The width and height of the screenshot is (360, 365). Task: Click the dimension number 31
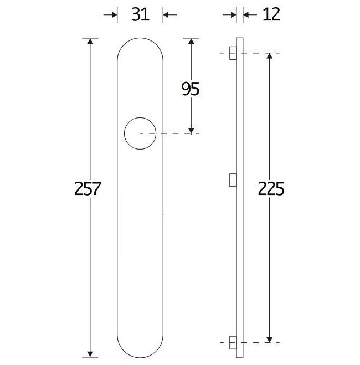(x=140, y=15)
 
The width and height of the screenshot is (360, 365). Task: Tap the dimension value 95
(x=190, y=89)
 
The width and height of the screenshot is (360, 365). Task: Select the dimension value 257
(x=87, y=189)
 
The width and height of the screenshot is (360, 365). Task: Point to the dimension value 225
(x=271, y=189)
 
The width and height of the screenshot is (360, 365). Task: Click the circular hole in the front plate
(x=140, y=133)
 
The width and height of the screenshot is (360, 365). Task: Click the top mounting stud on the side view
(x=233, y=53)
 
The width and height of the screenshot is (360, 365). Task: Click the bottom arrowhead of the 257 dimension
(x=90, y=352)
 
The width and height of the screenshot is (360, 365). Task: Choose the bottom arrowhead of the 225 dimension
(x=269, y=337)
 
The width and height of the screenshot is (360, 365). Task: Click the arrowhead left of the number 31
(x=115, y=15)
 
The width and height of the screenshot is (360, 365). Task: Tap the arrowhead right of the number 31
(x=166, y=15)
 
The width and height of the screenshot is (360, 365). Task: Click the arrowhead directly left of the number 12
(x=233, y=15)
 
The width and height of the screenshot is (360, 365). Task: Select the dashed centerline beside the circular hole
(x=172, y=133)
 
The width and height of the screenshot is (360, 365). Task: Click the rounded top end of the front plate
(x=140, y=42)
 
